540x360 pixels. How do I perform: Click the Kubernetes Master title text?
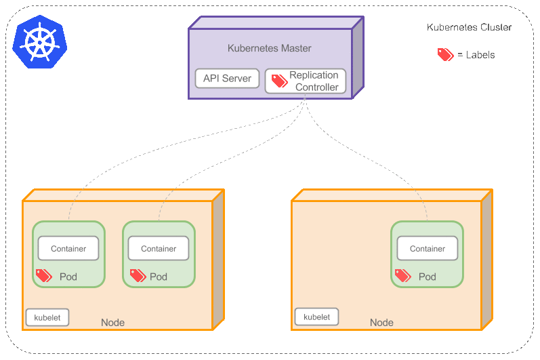click(x=269, y=49)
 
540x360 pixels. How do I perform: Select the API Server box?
click(x=227, y=79)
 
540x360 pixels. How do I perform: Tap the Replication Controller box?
click(x=306, y=81)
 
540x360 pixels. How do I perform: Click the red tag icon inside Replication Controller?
click(x=279, y=81)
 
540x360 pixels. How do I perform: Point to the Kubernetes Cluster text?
click(x=469, y=28)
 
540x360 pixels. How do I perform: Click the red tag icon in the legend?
click(x=445, y=55)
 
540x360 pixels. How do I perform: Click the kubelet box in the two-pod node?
click(x=47, y=317)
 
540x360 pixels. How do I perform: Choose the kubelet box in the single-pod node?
click(x=316, y=317)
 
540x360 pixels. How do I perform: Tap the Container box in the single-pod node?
click(x=428, y=249)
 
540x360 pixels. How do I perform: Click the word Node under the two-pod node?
click(x=112, y=323)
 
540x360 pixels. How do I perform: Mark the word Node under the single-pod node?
click(x=381, y=323)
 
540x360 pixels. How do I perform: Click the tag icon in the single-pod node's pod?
click(x=402, y=275)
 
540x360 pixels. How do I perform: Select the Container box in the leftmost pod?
click(x=68, y=249)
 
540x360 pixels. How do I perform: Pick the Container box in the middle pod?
click(x=159, y=249)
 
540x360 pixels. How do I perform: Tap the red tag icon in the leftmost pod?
click(x=44, y=275)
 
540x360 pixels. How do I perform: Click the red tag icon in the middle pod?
click(x=138, y=275)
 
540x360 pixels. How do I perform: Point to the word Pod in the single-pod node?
click(x=427, y=277)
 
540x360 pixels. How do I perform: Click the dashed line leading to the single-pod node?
click(x=379, y=163)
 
